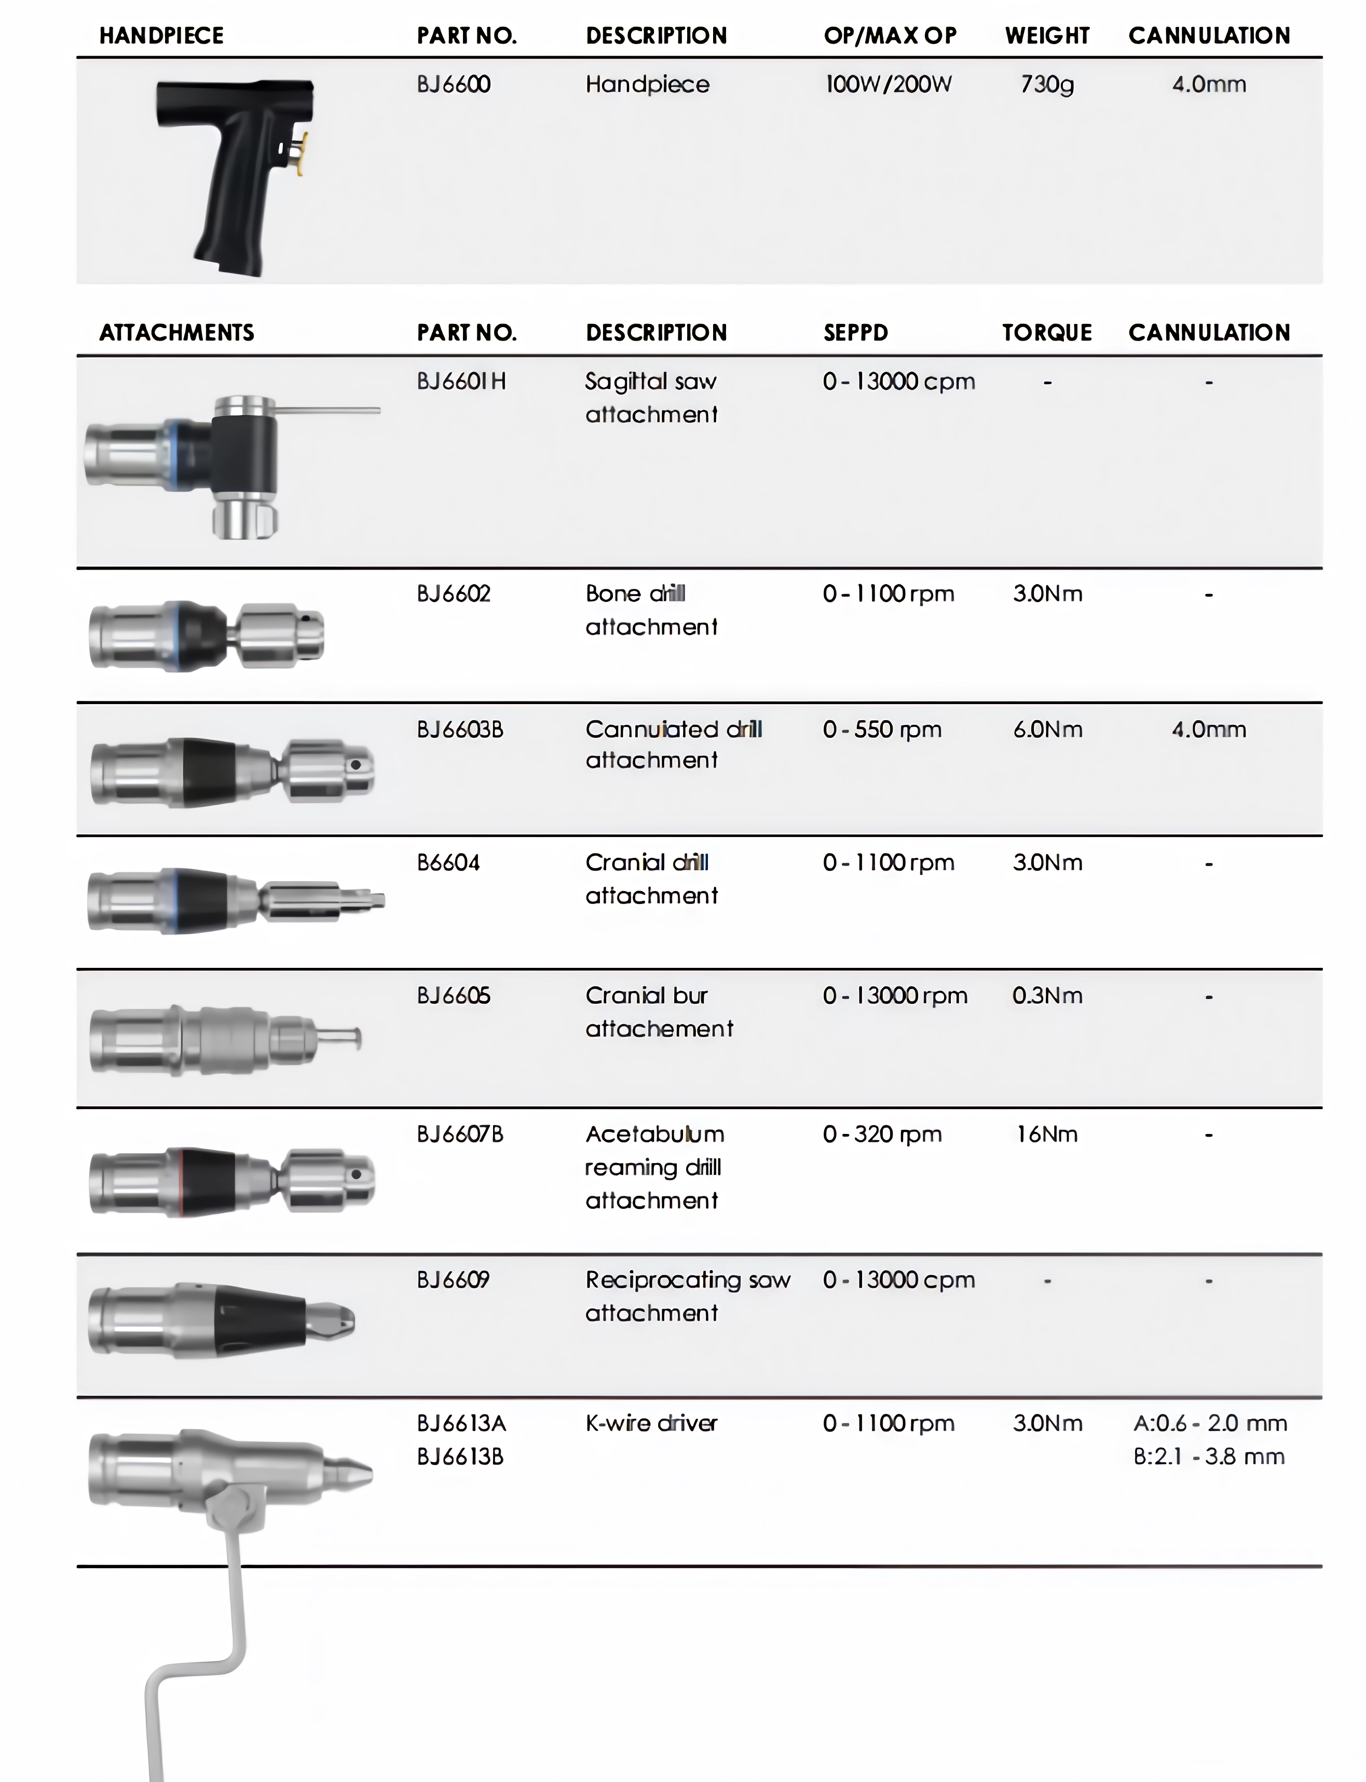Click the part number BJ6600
454,85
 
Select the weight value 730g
1047,85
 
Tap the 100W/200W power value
888,85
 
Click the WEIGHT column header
1047,36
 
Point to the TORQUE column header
1047,333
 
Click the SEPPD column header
855,333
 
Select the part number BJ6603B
460,730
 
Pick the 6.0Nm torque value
1047,730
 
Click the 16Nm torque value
1047,1135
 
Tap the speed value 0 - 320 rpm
882,1135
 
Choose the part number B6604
448,863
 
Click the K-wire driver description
651,1423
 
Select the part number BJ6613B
460,1456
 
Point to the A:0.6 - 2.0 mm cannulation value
1210,1423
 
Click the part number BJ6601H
461,382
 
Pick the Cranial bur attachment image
224,1039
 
